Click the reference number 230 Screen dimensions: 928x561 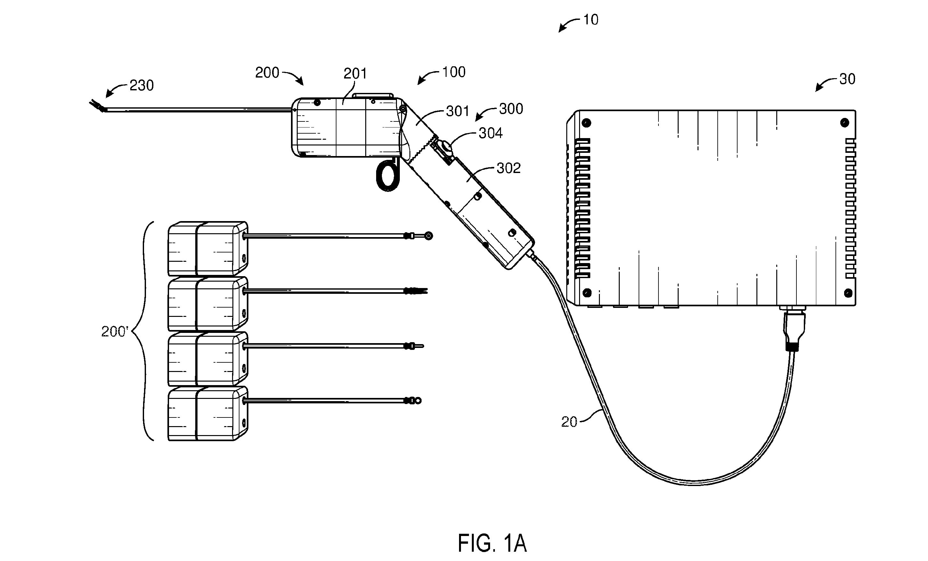[141, 86]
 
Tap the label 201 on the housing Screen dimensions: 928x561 [355, 73]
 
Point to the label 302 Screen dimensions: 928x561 [508, 168]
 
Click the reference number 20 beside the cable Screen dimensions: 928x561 [569, 422]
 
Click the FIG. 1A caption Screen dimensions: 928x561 [492, 543]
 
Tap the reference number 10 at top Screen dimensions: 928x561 [591, 20]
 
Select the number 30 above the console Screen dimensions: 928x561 [847, 79]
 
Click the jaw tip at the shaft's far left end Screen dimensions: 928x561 [96, 105]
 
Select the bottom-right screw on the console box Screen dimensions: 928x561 [848, 293]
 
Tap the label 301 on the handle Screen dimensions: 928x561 [457, 111]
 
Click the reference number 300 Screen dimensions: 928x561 [511, 109]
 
